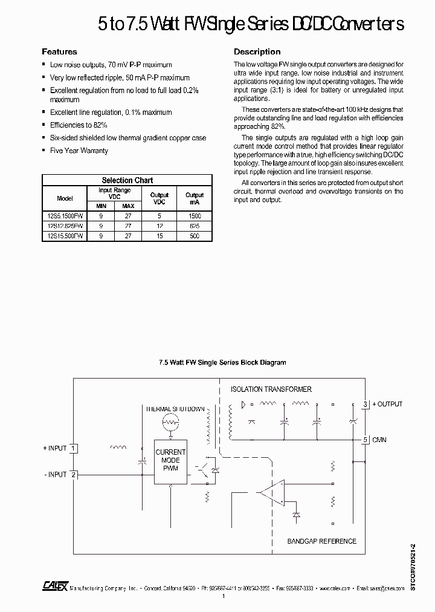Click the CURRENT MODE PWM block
tap(170, 460)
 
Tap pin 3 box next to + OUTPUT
tap(366, 404)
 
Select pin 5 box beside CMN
tap(366, 440)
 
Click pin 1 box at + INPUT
tap(73, 448)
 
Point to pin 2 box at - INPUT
tap(73, 474)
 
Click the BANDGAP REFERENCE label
tap(321, 541)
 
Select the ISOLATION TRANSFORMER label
tap(271, 389)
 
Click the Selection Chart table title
tap(127, 180)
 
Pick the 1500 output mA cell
tap(195, 215)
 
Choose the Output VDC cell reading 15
tap(159, 236)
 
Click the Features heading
tap(59, 52)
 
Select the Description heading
tap(257, 52)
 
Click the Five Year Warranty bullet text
tap(79, 151)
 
